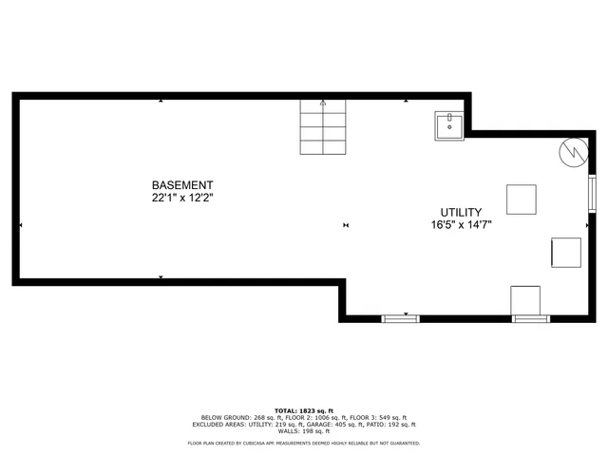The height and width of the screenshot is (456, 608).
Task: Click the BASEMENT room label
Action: pos(182,185)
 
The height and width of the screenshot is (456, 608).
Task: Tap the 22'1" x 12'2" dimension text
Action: pos(182,199)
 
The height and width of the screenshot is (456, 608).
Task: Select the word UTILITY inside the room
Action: pos(461,212)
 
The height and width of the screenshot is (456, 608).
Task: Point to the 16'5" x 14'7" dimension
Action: pos(461,225)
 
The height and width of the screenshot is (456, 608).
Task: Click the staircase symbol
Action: pos(323,127)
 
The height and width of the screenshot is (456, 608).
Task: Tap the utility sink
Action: pos(448,125)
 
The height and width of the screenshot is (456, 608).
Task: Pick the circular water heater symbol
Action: pos(573,152)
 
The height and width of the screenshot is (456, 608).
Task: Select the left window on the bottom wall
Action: pos(400,317)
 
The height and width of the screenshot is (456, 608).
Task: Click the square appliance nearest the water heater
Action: pos(521,199)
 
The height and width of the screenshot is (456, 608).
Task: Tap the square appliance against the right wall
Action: pos(566,252)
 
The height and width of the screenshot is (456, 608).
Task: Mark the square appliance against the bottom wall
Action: pos(525,299)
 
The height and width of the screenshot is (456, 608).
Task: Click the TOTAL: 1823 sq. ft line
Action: pos(304,409)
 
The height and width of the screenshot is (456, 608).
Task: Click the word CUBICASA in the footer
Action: pos(262,444)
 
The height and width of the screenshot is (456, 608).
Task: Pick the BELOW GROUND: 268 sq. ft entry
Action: pos(237,417)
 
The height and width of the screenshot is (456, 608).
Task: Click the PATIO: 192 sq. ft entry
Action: pos(393,424)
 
